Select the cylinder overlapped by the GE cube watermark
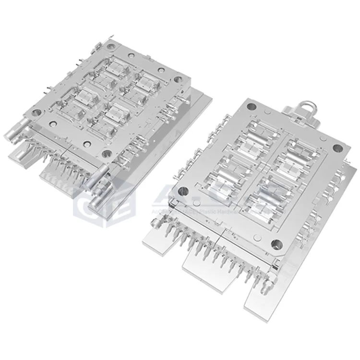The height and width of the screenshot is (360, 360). tap(100, 190)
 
